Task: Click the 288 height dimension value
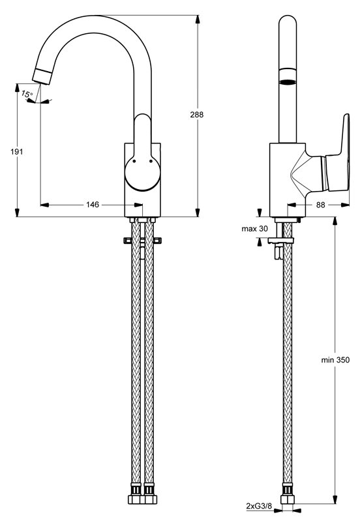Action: [x=197, y=115]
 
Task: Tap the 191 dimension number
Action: [x=16, y=152]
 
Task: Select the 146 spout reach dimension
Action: [x=93, y=204]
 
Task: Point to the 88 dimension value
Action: [x=320, y=205]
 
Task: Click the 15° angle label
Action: [x=27, y=94]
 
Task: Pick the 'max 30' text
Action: [x=254, y=229]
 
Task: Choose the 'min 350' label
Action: [x=335, y=360]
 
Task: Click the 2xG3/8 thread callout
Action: [x=259, y=506]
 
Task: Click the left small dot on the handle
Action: [x=134, y=161]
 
